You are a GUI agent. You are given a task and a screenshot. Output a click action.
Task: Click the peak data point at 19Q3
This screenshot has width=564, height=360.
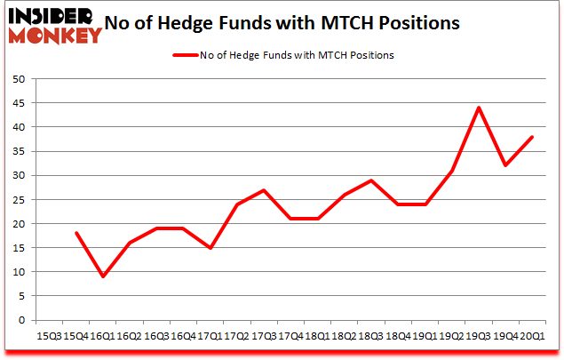pyautogui.click(x=479, y=108)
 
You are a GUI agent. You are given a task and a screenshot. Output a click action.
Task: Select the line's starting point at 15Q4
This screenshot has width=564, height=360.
pyautogui.click(x=76, y=233)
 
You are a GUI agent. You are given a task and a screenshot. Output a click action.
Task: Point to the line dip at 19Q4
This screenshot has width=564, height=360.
pyautogui.click(x=505, y=165)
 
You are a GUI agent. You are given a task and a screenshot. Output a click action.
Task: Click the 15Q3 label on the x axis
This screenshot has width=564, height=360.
pyautogui.click(x=50, y=335)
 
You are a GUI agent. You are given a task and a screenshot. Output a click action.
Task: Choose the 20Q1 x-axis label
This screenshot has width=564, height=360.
pyautogui.click(x=533, y=335)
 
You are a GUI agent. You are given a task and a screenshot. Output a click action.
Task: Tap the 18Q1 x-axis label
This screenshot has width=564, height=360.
pyautogui.click(x=318, y=335)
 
